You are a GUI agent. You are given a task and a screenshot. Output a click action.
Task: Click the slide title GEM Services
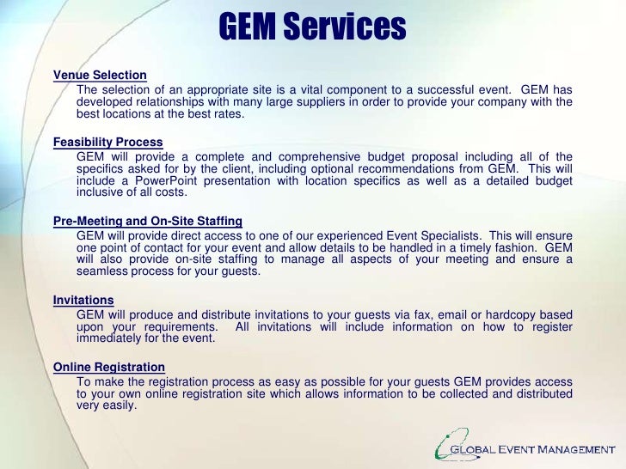click(312, 28)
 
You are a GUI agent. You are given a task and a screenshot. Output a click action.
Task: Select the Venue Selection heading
click(100, 76)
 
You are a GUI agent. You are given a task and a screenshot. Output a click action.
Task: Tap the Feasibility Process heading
click(107, 143)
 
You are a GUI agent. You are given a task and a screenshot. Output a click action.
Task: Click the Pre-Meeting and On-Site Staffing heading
click(147, 220)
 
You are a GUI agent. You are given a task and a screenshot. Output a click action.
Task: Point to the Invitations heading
click(83, 300)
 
